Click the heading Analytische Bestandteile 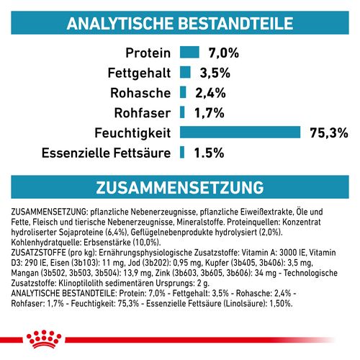pyautogui.click(x=179, y=24)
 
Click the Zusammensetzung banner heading pyautogui.click(x=179, y=187)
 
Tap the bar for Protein pyautogui.click(x=189, y=52)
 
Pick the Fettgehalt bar pyautogui.click(x=184, y=72)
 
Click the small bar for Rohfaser pyautogui.click(x=182, y=112)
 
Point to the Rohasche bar pyautogui.click(x=183, y=91)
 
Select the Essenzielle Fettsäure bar pyautogui.click(x=182, y=152)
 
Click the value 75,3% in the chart pyautogui.click(x=328, y=132)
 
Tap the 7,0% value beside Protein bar pyautogui.click(x=223, y=53)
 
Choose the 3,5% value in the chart pyautogui.click(x=215, y=72)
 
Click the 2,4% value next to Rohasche pyautogui.click(x=210, y=92)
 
